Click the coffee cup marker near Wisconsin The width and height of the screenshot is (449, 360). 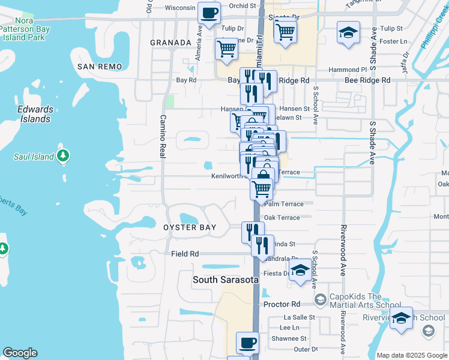(x=209, y=13)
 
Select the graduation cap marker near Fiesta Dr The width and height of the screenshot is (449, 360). (x=300, y=271)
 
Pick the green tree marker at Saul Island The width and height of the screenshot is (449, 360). (x=63, y=157)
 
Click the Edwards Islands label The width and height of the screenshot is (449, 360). (x=35, y=114)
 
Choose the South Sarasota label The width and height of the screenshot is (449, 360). (x=225, y=280)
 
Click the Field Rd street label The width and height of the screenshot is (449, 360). (x=184, y=254)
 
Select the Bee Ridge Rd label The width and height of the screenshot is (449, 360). (x=367, y=80)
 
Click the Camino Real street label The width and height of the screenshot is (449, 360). (x=162, y=136)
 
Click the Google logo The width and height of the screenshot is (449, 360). (x=20, y=353)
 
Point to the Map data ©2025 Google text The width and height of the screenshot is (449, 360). (x=412, y=355)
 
